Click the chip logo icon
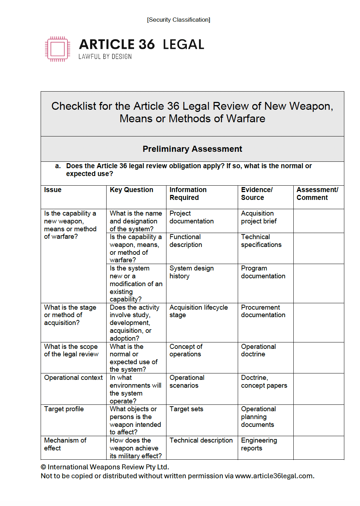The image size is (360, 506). click(57, 49)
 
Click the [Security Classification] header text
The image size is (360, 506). click(179, 20)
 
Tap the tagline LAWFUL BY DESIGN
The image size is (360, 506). click(105, 57)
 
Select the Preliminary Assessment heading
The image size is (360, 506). click(192, 149)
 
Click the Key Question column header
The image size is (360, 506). click(131, 190)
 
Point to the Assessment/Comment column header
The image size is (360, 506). click(317, 193)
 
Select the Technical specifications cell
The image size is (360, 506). click(261, 241)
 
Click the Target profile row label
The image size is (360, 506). click(64, 409)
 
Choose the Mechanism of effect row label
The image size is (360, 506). click(65, 444)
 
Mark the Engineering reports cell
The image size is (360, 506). click(259, 444)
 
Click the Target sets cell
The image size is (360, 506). click(186, 409)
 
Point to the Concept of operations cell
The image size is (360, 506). click(186, 350)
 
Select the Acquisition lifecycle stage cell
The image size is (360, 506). click(198, 311)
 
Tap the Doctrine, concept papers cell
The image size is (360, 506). click(264, 382)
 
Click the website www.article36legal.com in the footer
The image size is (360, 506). click(274, 476)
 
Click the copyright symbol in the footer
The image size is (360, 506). click(43, 467)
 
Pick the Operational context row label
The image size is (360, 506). click(73, 378)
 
